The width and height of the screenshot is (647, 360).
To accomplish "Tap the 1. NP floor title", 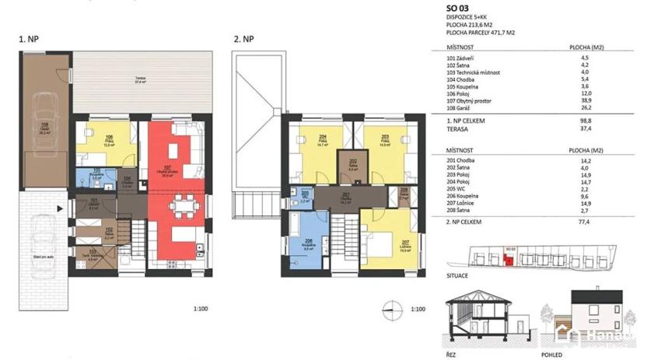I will tap(30, 38).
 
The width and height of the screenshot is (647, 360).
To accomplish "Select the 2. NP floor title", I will tap(243, 38).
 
